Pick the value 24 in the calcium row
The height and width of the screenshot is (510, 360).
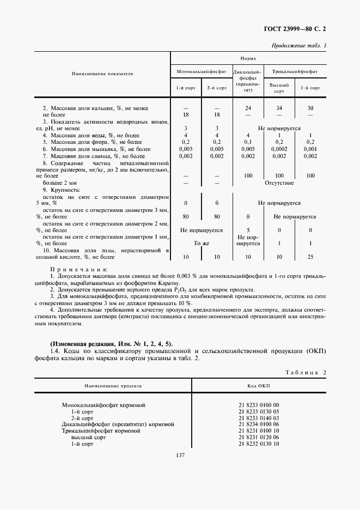tap(248, 108)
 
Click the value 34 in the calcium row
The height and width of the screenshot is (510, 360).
tap(279, 108)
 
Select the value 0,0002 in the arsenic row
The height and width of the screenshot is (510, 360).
tap(279, 149)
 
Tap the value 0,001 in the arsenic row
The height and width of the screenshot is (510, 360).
tap(310, 149)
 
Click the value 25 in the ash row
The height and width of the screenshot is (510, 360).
tap(310, 256)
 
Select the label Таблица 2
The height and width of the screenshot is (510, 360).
tap(305, 371)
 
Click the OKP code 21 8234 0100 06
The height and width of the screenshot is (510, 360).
tap(259, 423)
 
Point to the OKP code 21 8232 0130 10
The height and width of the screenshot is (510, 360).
tap(259, 444)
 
